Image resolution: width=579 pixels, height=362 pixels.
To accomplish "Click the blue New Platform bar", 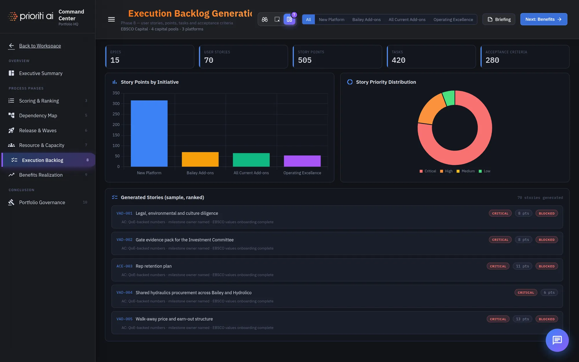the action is point(149,134).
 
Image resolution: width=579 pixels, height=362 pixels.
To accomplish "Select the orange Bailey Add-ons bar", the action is point(200,159).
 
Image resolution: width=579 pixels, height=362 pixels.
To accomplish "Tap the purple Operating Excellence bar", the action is point(302,161).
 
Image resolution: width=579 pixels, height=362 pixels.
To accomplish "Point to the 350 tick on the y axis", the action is point(116,93).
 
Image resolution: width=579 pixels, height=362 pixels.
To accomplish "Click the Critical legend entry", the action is point(428,171).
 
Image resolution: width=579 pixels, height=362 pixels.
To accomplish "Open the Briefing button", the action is point(499,19).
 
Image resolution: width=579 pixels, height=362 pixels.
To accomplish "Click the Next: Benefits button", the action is point(544,19).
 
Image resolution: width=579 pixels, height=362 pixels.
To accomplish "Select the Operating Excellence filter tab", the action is point(453,19).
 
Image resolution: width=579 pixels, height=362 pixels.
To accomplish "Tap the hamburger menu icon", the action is point(111,19).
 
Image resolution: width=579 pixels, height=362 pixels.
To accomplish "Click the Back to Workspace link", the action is point(40,46).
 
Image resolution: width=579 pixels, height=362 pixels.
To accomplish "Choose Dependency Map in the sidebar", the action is point(38,116).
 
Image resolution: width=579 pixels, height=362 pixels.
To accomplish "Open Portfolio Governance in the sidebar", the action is point(42,202).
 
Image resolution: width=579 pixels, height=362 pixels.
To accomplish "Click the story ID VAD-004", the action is point(124,292).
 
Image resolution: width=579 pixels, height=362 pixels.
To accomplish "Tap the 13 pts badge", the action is point(522,319).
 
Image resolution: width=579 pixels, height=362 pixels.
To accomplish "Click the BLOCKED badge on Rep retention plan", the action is point(547,266).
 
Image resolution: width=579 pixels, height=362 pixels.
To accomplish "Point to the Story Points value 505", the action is point(305,60).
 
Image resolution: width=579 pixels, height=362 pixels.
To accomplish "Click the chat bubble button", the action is point(557,340).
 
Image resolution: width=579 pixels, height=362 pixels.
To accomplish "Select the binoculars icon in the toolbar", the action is point(265,19).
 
